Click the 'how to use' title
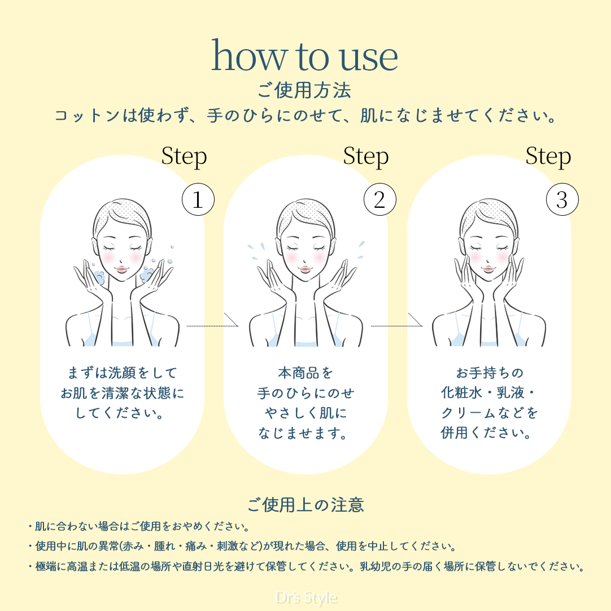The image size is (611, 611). tap(304, 56)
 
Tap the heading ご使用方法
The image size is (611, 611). tap(304, 90)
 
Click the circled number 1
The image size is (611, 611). tap(198, 199)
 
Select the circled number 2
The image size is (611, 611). tap(380, 199)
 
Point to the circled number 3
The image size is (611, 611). tap(562, 199)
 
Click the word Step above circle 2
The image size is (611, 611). tap(366, 157)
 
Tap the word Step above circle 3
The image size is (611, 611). tap(548, 157)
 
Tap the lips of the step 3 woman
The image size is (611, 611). tap(488, 269)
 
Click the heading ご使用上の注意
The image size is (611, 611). tap(305, 505)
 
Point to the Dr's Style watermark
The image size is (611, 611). tap(306, 598)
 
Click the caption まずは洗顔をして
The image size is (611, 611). tap(123, 373)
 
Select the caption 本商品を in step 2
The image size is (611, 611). tap(305, 373)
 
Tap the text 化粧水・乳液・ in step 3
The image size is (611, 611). tap(488, 393)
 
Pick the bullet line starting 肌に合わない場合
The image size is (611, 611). tap(139, 526)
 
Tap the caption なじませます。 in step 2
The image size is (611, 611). tap(303, 433)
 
